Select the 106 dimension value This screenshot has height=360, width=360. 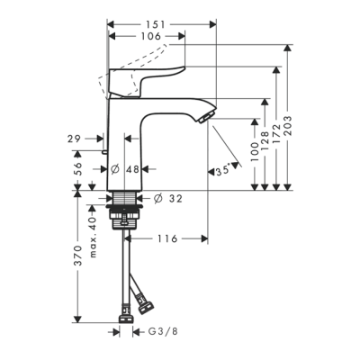click(151, 37)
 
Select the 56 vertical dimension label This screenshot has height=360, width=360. click(79, 167)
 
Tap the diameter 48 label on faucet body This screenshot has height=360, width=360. click(131, 167)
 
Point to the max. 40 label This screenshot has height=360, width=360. click(92, 231)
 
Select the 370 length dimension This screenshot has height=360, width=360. click(79, 260)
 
